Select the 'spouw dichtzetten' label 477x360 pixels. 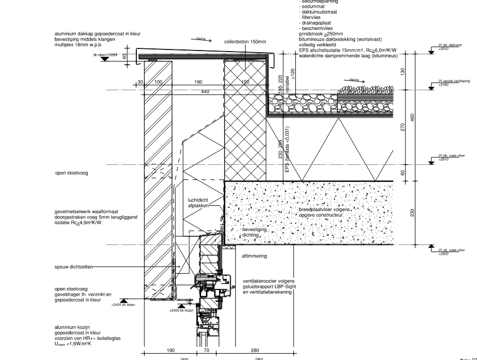74,267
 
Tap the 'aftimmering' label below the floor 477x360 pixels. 254,256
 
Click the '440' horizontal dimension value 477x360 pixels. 205,92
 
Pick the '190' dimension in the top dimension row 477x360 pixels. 198,82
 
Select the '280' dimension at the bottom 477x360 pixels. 255,350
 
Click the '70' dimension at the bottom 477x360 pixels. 206,350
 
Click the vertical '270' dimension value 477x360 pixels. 402,127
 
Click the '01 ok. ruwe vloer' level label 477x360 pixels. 451,250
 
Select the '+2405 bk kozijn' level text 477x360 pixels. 182,311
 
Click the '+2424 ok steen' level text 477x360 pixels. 123,304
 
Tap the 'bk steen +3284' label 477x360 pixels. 105,54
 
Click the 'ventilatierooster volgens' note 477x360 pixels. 269,281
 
